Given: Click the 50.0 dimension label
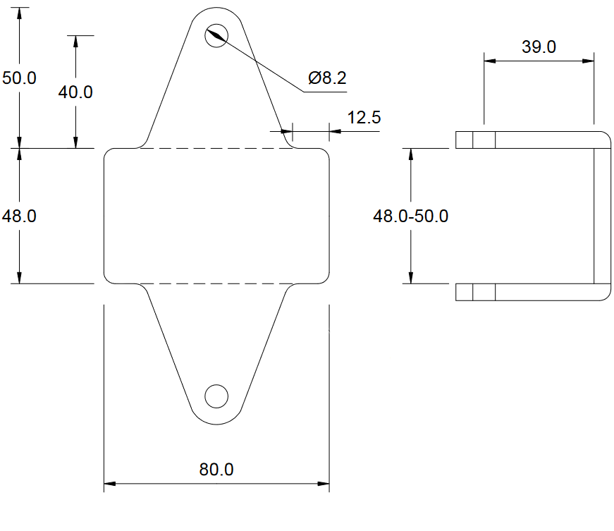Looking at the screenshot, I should (19, 78).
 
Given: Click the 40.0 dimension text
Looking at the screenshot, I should (75, 92).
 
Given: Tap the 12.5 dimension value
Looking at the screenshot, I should (364, 118).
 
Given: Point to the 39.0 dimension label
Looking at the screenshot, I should (539, 47).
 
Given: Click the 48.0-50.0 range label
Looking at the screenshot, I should (410, 216).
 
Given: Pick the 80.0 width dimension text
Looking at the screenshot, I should (216, 469).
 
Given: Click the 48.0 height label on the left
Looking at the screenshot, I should (19, 216).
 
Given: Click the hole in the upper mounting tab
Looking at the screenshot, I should (216, 35).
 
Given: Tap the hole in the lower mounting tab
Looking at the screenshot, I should (216, 396).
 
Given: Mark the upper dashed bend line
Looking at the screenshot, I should (211, 148).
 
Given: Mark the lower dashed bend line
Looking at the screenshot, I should (211, 283).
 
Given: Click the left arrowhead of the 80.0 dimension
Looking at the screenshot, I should (110, 484).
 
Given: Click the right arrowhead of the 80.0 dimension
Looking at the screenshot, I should (324, 484).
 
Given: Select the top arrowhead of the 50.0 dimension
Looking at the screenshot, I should (20, 13).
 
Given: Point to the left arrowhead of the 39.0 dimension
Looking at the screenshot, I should (490, 61).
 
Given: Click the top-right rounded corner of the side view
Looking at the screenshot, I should (605, 137).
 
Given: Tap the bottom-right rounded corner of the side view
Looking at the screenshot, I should (605, 295).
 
